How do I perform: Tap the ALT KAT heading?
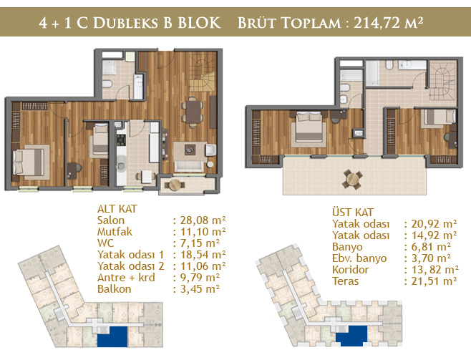[117, 209]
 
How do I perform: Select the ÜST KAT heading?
[353, 212]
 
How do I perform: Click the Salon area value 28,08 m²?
[203, 220]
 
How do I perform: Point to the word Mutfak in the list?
[115, 231]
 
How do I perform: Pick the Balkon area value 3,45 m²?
[200, 289]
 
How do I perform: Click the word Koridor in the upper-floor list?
[351, 270]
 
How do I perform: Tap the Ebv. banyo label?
[359, 258]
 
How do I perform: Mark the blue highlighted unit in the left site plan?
[113, 337]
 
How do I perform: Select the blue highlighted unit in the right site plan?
[351, 336]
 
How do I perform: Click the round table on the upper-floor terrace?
[353, 179]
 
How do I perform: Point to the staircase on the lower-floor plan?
[203, 75]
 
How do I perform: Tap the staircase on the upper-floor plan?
[442, 84]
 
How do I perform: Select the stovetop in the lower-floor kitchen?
[121, 140]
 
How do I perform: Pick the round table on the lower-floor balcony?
[175, 185]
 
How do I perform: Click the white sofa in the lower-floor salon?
[189, 165]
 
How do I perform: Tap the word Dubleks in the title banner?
[125, 23]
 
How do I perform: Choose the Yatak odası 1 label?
[131, 255]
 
